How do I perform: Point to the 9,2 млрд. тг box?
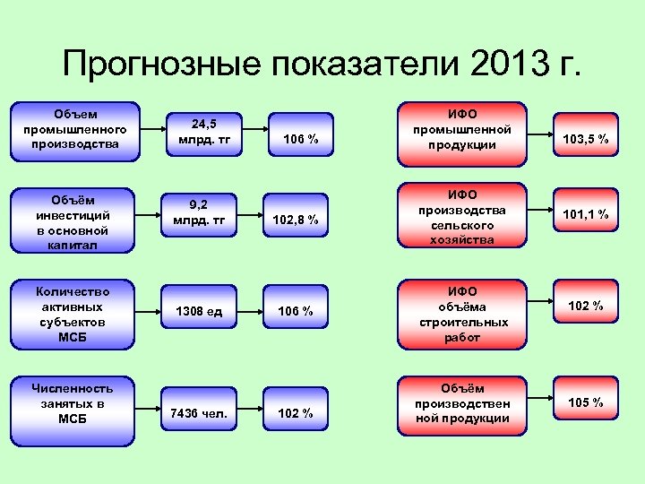click(x=202, y=212)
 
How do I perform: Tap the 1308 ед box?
click(x=202, y=310)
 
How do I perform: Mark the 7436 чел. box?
click(x=202, y=412)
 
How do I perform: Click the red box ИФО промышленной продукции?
click(x=462, y=130)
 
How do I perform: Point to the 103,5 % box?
click(x=584, y=138)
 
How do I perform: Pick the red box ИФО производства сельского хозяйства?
click(x=462, y=216)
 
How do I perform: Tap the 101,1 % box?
click(x=584, y=213)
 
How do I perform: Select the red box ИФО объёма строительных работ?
click(x=462, y=314)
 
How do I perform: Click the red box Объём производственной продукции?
click(x=462, y=403)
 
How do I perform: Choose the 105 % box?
click(x=584, y=402)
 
